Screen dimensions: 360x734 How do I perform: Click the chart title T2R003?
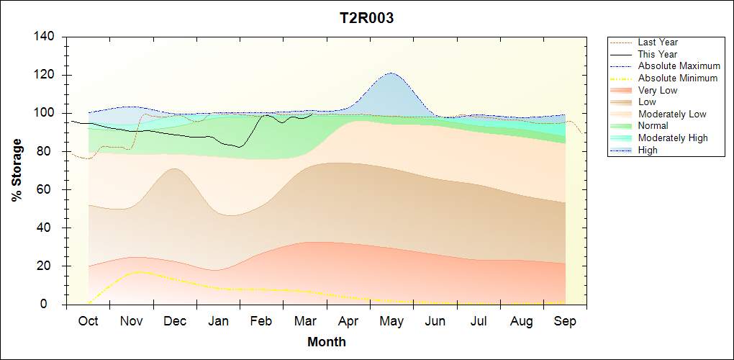(x=366, y=19)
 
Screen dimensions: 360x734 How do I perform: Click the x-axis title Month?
(x=327, y=342)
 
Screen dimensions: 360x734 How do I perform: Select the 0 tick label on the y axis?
(x=53, y=305)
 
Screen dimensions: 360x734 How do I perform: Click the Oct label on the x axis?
(x=89, y=321)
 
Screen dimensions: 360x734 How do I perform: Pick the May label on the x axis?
(x=391, y=321)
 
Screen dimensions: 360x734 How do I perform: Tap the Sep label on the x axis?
(x=565, y=321)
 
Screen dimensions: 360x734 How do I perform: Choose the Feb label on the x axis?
(x=261, y=321)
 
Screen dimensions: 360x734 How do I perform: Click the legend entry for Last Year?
(x=658, y=42)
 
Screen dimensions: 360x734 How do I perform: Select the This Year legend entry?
(x=658, y=54)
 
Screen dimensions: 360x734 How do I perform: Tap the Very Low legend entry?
(x=658, y=90)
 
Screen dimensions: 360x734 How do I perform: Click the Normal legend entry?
(x=653, y=126)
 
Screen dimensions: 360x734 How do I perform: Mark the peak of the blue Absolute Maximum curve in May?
(x=391, y=73)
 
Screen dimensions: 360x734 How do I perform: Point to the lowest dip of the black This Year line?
(x=240, y=147)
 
